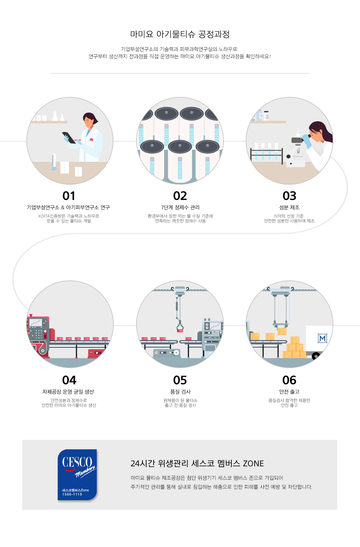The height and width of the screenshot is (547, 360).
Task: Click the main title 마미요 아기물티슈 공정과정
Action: (x=180, y=34)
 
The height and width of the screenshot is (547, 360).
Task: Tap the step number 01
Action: (x=69, y=196)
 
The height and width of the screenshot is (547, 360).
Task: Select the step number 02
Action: (x=180, y=196)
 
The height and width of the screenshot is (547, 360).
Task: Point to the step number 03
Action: (x=289, y=196)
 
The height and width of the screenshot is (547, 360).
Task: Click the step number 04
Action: (x=69, y=380)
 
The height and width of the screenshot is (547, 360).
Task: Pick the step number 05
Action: (x=180, y=380)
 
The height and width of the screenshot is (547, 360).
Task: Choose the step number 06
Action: (x=289, y=380)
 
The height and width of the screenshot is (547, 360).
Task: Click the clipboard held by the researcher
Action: (x=69, y=138)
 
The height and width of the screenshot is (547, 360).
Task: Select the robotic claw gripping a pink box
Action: (x=180, y=327)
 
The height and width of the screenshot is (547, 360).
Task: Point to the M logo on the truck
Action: (x=322, y=338)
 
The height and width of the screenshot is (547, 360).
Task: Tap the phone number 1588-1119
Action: (x=72, y=494)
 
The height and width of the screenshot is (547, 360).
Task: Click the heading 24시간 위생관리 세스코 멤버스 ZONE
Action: (x=197, y=464)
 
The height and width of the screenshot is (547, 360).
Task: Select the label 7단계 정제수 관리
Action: (x=180, y=207)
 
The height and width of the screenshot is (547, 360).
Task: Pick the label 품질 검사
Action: (x=180, y=392)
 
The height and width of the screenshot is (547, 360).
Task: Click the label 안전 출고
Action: (x=289, y=392)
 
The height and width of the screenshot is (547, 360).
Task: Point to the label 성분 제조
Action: (x=289, y=207)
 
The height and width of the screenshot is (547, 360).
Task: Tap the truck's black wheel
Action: (x=316, y=356)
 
